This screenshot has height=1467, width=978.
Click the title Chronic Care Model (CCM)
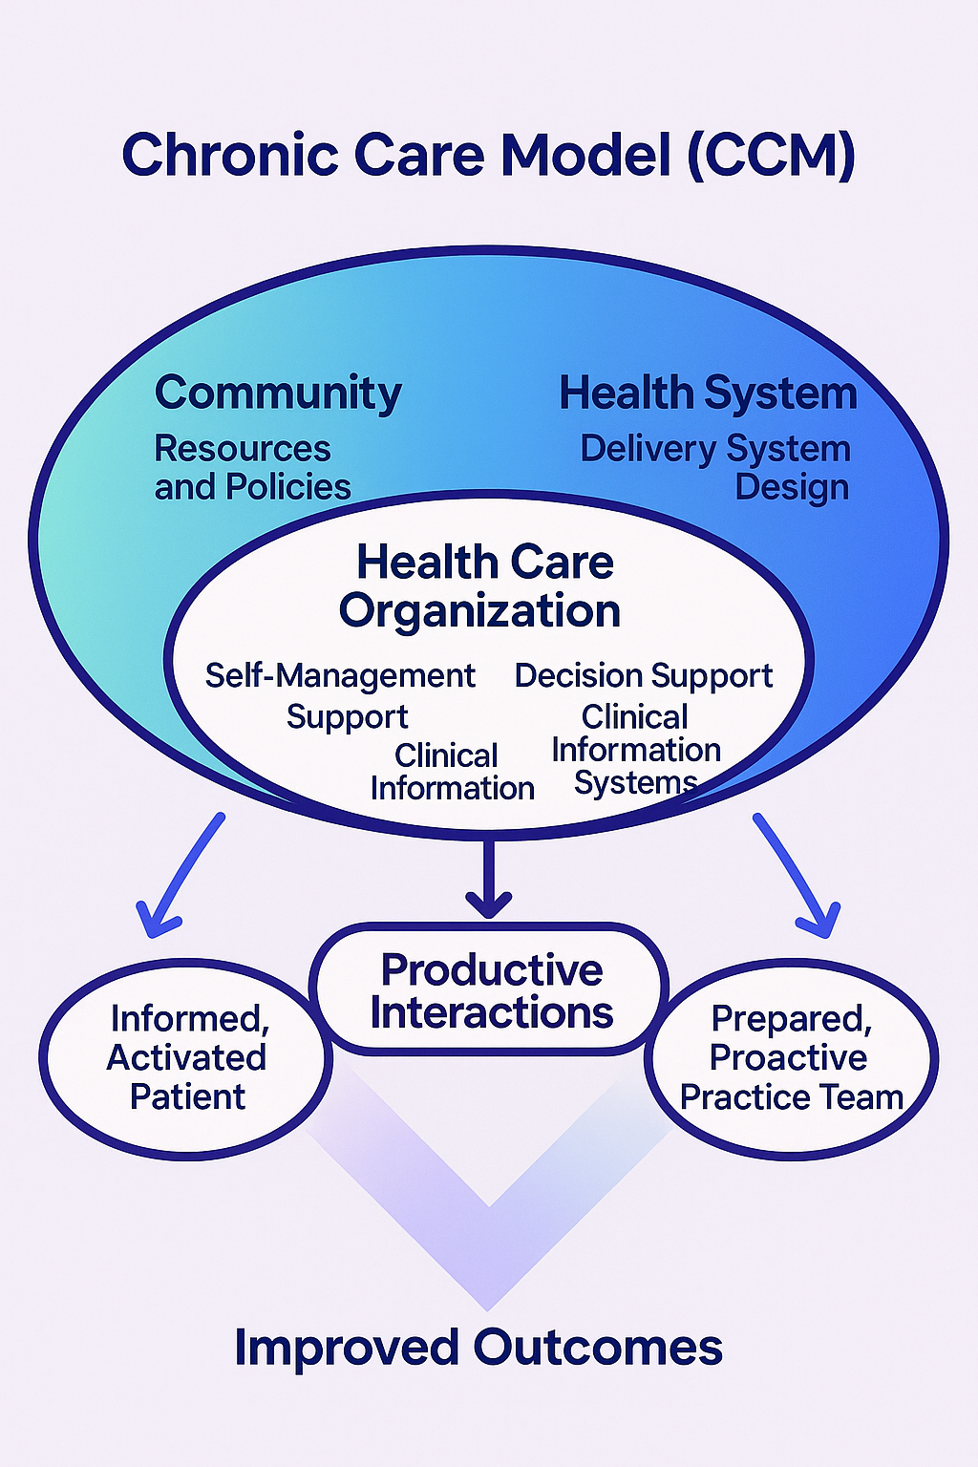click(x=488, y=155)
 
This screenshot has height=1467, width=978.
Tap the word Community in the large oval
click(x=278, y=393)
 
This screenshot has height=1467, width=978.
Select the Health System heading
click(x=708, y=393)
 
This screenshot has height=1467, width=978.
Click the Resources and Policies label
click(x=252, y=468)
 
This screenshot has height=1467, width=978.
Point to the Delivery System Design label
click(x=716, y=468)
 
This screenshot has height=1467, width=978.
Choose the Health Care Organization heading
click(x=481, y=586)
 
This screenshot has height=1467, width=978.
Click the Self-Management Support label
click(x=341, y=695)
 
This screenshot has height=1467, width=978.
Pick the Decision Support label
click(x=644, y=675)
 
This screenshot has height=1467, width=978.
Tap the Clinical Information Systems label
click(x=636, y=751)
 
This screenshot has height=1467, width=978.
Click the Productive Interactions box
click(x=490, y=990)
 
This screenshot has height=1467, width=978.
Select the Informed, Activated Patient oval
click(x=187, y=1058)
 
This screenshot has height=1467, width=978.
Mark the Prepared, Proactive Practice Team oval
click(x=791, y=1058)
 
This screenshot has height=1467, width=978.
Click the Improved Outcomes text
click(x=478, y=1348)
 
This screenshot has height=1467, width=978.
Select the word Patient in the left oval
click(x=187, y=1097)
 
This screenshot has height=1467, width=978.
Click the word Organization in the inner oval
click(x=479, y=611)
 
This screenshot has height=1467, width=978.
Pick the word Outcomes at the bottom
click(x=598, y=1348)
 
